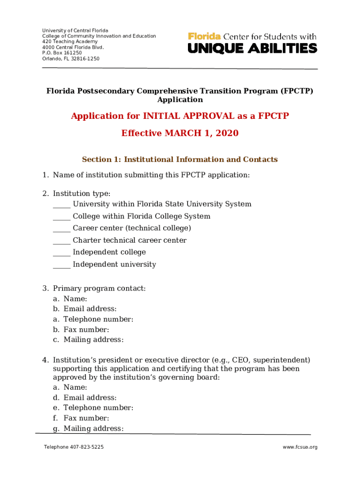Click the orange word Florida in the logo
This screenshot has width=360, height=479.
pos(204,36)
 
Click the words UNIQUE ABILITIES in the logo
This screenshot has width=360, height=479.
pos(252,48)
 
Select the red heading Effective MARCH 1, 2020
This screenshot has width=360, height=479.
pos(180,133)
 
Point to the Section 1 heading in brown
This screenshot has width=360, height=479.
pos(180,160)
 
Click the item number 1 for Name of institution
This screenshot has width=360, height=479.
pos(45,175)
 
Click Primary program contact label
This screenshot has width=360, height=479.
pos(99,289)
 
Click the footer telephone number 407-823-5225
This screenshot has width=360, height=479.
pos(86,447)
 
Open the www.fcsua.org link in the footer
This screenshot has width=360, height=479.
pos(300,447)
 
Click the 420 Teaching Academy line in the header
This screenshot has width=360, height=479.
pos(64,42)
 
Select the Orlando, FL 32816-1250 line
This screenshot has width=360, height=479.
pos(71,58)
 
